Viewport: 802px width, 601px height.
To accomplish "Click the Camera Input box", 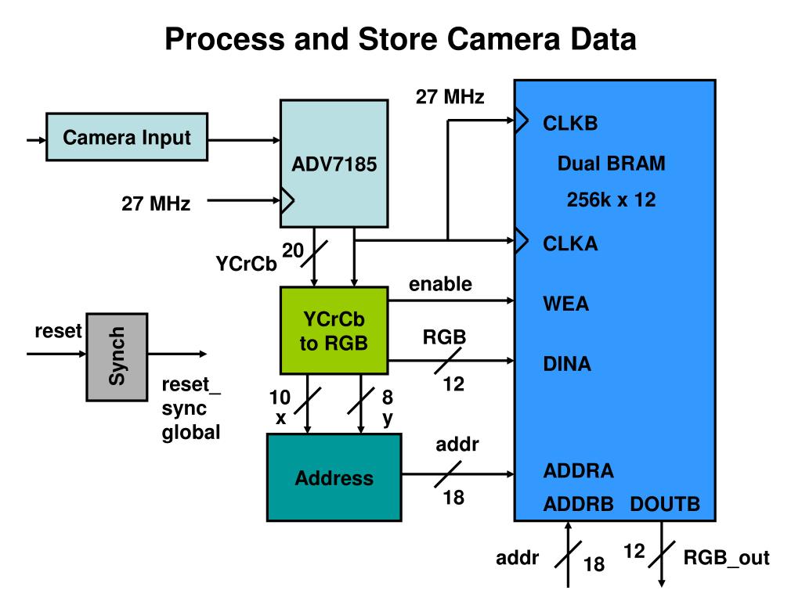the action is click(x=127, y=137).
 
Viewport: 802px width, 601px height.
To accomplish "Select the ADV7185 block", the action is click(x=334, y=164).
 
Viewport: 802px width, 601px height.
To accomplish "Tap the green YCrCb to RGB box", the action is click(x=334, y=331).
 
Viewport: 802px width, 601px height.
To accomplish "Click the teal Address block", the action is click(x=334, y=477).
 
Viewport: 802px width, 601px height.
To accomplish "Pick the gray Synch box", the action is click(x=117, y=357).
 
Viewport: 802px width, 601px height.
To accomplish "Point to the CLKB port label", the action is click(x=570, y=123).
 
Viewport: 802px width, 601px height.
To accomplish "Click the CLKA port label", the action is click(x=570, y=244).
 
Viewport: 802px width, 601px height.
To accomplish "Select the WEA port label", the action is click(x=565, y=304).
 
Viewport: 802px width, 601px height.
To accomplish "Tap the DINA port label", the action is click(x=567, y=364).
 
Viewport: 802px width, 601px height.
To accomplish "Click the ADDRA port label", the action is click(x=579, y=470).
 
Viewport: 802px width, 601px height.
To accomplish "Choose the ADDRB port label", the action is click(x=579, y=504).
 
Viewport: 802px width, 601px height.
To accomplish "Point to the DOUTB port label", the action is click(x=665, y=504).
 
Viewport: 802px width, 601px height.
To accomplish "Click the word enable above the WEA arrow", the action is click(x=440, y=283).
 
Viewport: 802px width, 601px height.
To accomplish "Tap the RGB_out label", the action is click(x=726, y=557).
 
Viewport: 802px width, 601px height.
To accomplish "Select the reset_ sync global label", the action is click(x=191, y=408).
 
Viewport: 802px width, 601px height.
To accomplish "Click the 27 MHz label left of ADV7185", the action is click(x=156, y=203).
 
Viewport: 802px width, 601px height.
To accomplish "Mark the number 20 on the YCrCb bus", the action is click(x=293, y=250).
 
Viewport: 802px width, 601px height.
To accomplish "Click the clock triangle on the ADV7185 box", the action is click(x=287, y=200).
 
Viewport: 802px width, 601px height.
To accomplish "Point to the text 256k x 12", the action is click(x=611, y=200).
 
